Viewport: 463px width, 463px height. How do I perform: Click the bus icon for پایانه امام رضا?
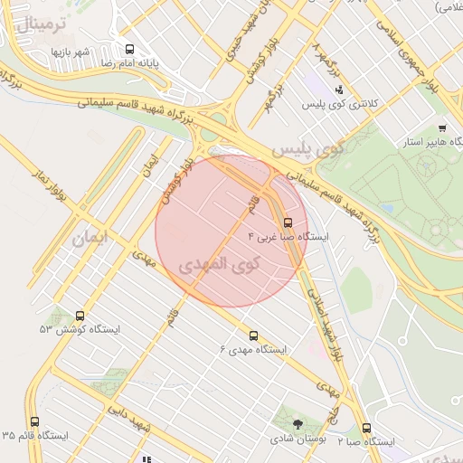coord(129,51)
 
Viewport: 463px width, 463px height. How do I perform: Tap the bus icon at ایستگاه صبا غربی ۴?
coord(288,222)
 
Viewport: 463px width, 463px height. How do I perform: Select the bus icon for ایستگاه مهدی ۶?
coord(252,335)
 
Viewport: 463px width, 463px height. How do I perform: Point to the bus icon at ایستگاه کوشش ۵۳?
coord(80,317)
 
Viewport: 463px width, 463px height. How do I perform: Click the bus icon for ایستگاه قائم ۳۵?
coord(35,421)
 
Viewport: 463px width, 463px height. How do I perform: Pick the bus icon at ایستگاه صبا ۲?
coord(366,428)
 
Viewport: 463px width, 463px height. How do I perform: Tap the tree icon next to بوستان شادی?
coord(298,422)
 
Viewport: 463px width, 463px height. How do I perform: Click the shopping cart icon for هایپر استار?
coord(441,128)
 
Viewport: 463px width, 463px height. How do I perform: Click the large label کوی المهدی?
coord(218,266)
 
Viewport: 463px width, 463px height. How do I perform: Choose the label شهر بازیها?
coord(70,52)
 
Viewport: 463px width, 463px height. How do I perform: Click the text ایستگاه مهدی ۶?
coord(253,349)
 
